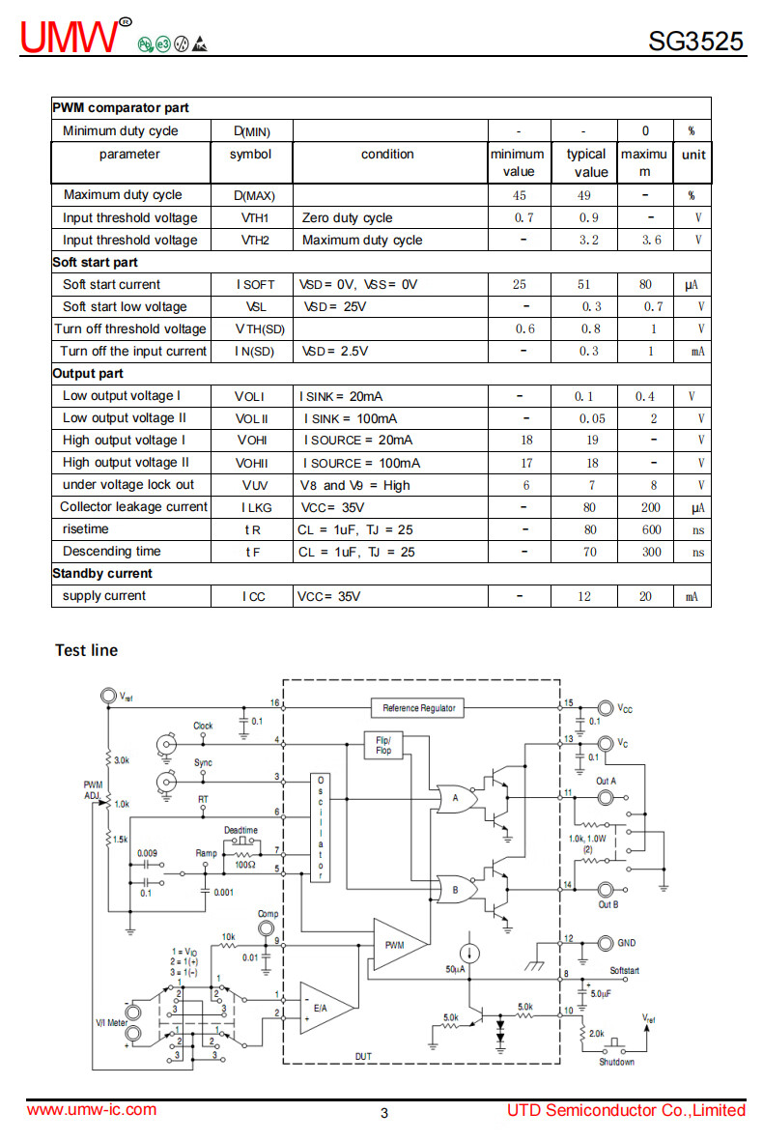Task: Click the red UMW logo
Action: coord(70,37)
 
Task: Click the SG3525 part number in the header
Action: coord(695,41)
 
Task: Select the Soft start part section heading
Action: coord(95,263)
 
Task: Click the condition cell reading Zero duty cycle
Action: coord(347,217)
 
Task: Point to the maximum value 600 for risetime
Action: coord(651,529)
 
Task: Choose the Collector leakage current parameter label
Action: coord(134,506)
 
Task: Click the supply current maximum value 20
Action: coord(645,597)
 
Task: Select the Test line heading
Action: coord(87,650)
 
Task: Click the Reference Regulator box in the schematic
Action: coord(418,707)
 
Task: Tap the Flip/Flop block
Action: coord(383,745)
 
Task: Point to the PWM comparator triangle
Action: coord(399,944)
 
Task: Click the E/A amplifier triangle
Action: coord(326,1008)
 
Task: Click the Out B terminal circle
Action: coord(606,889)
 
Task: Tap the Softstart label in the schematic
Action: coord(624,970)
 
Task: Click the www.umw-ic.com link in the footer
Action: coord(92,1110)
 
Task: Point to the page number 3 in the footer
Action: coord(384,1113)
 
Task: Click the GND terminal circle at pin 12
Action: coord(606,943)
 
